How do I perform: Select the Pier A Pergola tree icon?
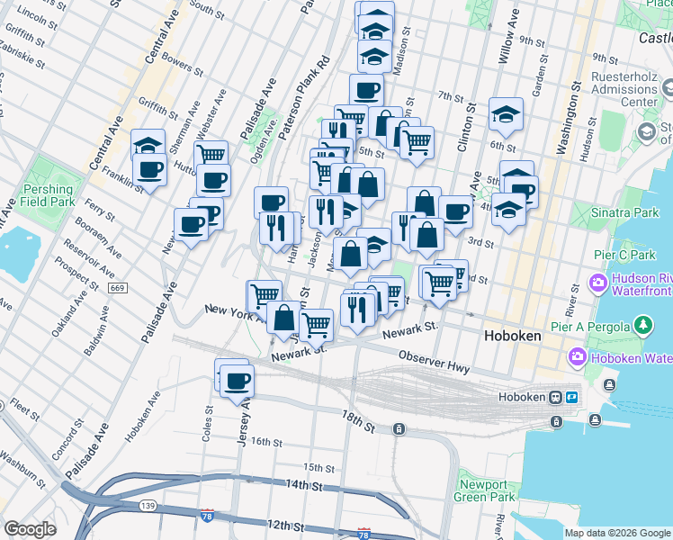coord(643,324)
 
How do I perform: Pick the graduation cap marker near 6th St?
coord(507,114)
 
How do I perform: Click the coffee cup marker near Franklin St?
coord(149,168)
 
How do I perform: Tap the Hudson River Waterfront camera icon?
coord(598,284)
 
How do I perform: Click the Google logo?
coord(30,529)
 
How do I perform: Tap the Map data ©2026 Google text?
coord(617,533)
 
